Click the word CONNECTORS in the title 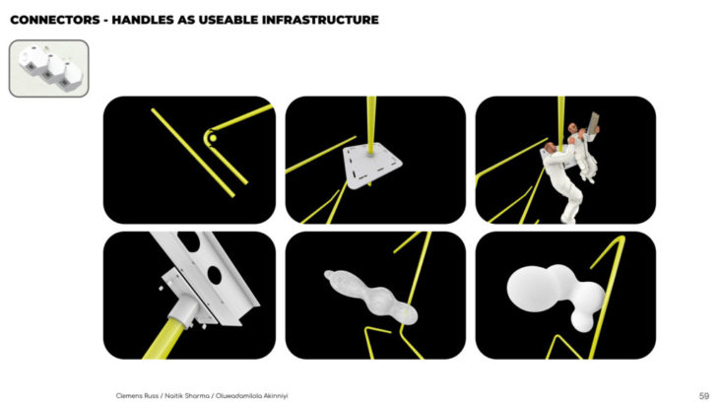pyautogui.click(x=55, y=20)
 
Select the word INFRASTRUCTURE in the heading pyautogui.click(x=320, y=20)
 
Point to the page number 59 pyautogui.click(x=704, y=396)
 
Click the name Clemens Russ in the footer pyautogui.click(x=137, y=396)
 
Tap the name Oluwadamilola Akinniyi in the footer pyautogui.click(x=252, y=396)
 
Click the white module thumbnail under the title pyautogui.click(x=48, y=68)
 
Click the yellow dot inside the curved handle pyautogui.click(x=213, y=138)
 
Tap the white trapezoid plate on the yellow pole pyautogui.click(x=372, y=166)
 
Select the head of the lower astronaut pyautogui.click(x=550, y=148)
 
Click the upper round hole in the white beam pyautogui.click(x=189, y=240)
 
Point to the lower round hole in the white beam pyautogui.click(x=214, y=274)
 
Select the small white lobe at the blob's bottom pyautogui.click(x=582, y=320)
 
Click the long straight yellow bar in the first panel pyautogui.click(x=193, y=153)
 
